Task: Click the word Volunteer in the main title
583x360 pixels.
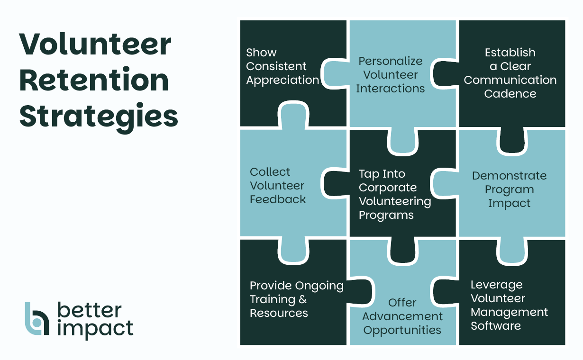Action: tap(95, 45)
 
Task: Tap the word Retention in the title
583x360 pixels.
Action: tap(94, 81)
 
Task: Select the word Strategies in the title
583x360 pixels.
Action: tap(99, 117)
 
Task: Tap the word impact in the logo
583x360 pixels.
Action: tap(95, 328)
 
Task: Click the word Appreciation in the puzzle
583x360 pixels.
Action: tap(282, 80)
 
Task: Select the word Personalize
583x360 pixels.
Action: tap(390, 61)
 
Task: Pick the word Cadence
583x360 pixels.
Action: tap(510, 93)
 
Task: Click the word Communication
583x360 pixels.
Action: tap(510, 80)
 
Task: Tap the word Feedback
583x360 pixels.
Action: tap(278, 199)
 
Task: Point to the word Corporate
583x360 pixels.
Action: tap(388, 187)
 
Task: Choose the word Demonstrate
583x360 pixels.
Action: tap(509, 176)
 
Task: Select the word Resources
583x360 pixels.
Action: tap(279, 313)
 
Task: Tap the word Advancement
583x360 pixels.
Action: tap(402, 316)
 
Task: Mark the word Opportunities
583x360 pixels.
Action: tap(402, 330)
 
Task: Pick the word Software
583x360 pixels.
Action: tap(495, 326)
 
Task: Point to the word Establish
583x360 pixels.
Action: tap(510, 52)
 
